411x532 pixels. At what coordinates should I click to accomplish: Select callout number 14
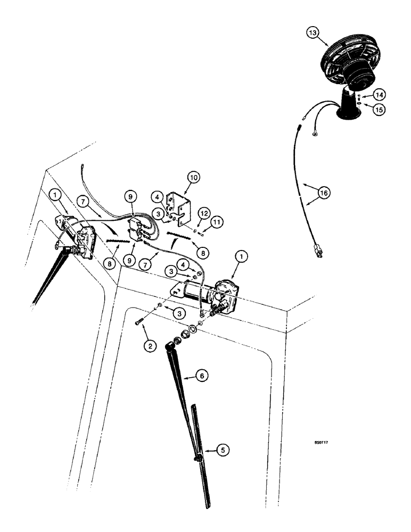379,95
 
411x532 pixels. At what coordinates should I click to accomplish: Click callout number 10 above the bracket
192,176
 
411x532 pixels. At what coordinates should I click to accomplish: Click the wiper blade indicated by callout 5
201,458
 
